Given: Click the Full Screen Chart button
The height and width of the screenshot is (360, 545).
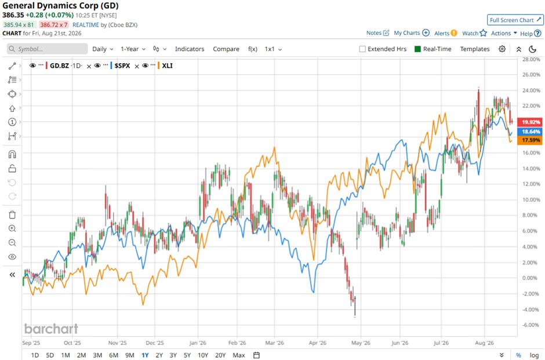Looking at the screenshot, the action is (515, 20).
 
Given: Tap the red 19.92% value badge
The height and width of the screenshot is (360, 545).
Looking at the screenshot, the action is (530, 122).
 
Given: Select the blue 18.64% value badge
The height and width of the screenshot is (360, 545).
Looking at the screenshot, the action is (530, 132).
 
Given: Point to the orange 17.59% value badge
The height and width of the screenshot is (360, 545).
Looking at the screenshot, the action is (530, 140).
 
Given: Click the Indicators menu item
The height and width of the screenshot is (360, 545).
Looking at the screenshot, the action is (190, 49).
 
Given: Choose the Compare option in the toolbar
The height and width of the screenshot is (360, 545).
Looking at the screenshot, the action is (226, 49).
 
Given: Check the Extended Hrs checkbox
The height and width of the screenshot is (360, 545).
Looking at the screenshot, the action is (362, 49).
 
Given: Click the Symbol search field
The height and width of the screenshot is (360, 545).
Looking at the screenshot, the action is (48, 49).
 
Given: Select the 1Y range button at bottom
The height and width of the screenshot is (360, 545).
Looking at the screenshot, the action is (145, 355).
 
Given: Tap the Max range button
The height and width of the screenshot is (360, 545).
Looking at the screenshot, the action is (239, 355).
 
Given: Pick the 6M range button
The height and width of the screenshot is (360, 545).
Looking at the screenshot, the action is (114, 355).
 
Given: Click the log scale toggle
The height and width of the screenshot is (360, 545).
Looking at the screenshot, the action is (534, 355).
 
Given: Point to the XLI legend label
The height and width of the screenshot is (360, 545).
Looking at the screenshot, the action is (167, 66).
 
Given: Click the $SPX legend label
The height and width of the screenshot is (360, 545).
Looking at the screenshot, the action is (122, 66).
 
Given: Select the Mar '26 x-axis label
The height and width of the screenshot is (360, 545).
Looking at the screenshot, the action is (275, 343).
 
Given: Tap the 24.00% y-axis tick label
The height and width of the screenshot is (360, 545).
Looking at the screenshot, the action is (531, 90).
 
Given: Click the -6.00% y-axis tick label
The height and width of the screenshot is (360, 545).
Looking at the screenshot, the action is (531, 325).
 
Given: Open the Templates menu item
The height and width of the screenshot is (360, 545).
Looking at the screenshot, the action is (475, 49).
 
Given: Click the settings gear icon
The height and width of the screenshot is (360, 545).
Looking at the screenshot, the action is (502, 49).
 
